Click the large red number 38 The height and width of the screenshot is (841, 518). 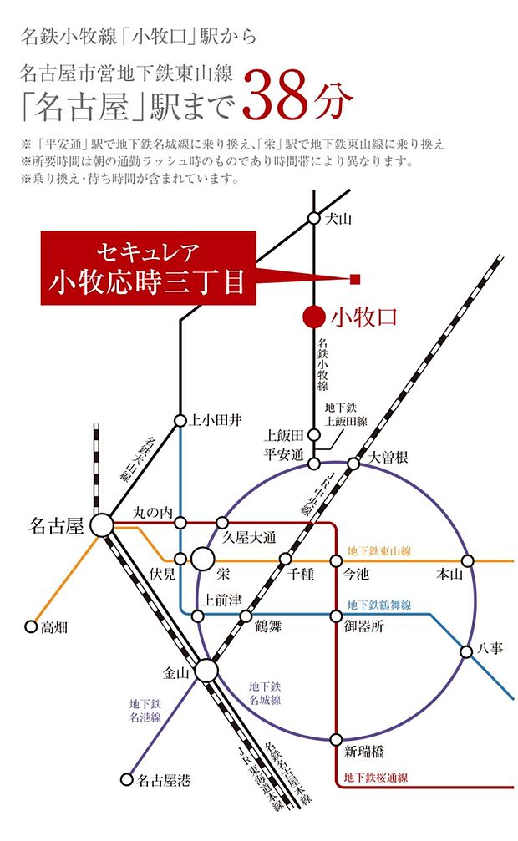click(x=281, y=98)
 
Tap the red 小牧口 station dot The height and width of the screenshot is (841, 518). click(x=313, y=317)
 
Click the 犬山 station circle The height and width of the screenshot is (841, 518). click(x=313, y=218)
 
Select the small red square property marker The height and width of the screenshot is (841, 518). click(x=354, y=278)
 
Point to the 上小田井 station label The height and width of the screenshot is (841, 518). click(x=216, y=420)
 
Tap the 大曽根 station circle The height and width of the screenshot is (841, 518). click(x=354, y=464)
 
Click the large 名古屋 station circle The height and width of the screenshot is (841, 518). click(x=102, y=525)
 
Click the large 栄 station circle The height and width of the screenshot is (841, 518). click(x=202, y=559)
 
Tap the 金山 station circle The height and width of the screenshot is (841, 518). click(x=206, y=671)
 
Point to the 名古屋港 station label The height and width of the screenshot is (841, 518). click(x=164, y=781)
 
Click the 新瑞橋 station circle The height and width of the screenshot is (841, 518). click(x=336, y=739)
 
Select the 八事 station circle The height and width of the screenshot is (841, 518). click(x=468, y=651)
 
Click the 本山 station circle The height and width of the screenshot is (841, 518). click(x=468, y=560)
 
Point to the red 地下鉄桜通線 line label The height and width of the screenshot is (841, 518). click(x=376, y=778)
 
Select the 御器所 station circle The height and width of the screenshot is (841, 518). click(x=336, y=616)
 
